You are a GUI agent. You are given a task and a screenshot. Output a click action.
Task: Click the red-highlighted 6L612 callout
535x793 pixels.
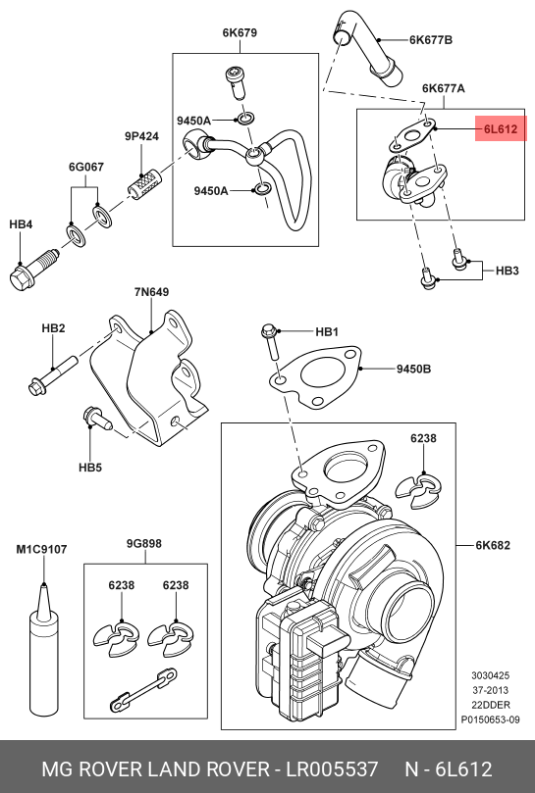(x=501, y=129)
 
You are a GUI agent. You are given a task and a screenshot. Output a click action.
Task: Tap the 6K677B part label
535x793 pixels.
(x=431, y=40)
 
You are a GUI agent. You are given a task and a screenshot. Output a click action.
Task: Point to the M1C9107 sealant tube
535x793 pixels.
(x=43, y=653)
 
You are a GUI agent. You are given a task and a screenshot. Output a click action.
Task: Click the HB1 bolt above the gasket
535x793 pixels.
(x=270, y=342)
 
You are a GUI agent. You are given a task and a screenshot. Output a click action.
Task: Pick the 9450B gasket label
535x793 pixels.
(x=413, y=369)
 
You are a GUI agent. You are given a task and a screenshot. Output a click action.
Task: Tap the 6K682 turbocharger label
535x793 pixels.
(x=493, y=545)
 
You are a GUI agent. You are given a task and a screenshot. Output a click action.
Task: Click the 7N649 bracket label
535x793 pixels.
(x=151, y=292)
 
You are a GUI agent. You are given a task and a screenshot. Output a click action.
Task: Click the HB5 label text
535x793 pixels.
(x=90, y=468)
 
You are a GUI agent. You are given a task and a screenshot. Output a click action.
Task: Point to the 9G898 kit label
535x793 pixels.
(x=144, y=543)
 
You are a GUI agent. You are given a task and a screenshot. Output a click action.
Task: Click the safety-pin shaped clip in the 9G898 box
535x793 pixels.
(x=143, y=689)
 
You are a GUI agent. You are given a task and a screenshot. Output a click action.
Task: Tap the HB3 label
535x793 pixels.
(x=508, y=271)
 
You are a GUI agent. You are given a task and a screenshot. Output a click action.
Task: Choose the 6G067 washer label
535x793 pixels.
(x=86, y=167)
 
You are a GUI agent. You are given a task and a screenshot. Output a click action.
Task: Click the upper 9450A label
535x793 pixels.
(x=193, y=121)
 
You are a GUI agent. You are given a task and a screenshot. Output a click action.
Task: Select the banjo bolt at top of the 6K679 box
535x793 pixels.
(x=236, y=83)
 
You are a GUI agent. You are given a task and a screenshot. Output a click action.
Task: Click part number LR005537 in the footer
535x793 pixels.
(x=333, y=769)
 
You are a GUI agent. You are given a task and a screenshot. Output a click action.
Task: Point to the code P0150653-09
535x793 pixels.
(x=490, y=719)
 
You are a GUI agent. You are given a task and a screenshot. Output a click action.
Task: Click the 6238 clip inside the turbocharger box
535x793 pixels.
(x=418, y=491)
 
